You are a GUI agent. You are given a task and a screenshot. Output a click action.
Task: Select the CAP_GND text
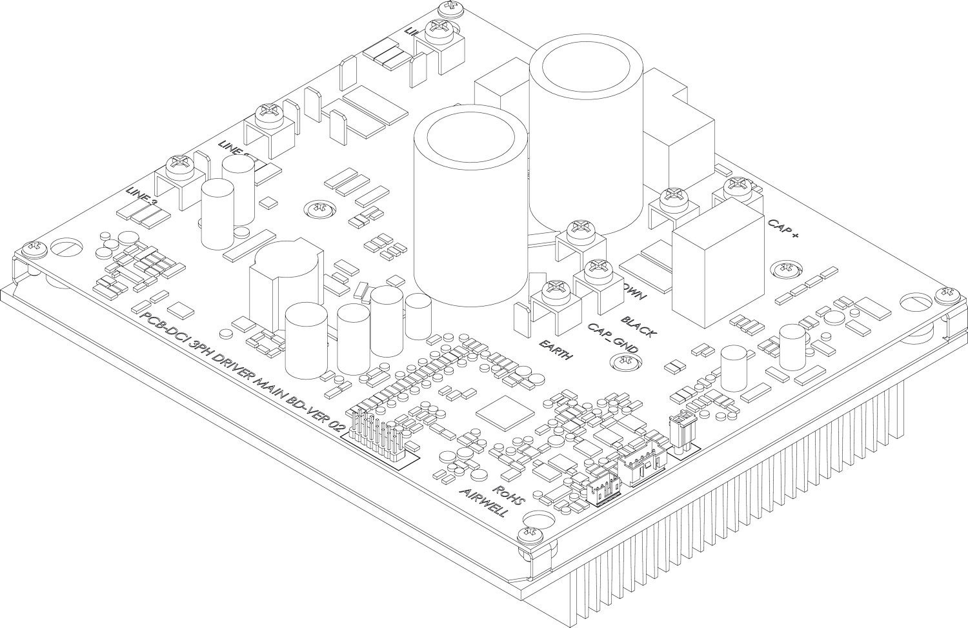pyautogui.click(x=612, y=338)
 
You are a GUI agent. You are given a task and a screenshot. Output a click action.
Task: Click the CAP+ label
pyautogui.click(x=783, y=228)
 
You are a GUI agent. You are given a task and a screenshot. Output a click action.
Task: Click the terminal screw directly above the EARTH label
pyautogui.click(x=554, y=289)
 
